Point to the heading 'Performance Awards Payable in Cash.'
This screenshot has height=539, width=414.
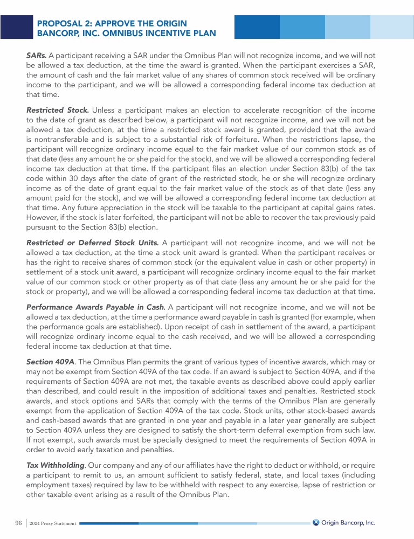[x=92, y=307]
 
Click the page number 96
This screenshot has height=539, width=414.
[x=18, y=523]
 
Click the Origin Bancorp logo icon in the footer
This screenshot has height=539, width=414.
[x=316, y=522]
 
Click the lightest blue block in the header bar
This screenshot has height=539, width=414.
[x=391, y=27]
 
